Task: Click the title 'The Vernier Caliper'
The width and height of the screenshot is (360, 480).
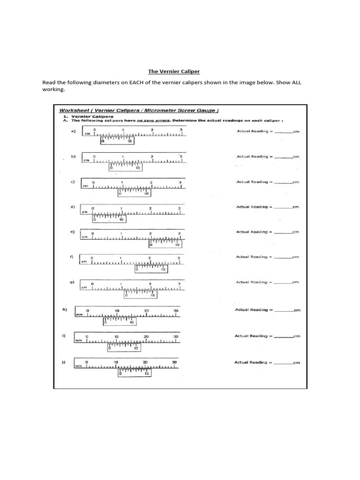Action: pyautogui.click(x=174, y=71)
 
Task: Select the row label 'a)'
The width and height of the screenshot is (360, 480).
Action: pyautogui.click(x=73, y=131)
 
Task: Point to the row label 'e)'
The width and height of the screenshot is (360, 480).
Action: pyautogui.click(x=73, y=232)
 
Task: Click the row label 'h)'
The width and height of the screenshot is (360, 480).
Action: pyautogui.click(x=65, y=309)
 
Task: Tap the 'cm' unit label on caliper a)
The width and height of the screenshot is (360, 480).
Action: pyautogui.click(x=87, y=134)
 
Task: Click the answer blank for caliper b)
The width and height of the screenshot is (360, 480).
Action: pyautogui.click(x=283, y=157)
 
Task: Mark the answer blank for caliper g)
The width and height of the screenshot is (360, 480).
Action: pyautogui.click(x=283, y=282)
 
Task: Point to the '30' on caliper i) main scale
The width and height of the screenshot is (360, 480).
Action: pyautogui.click(x=176, y=337)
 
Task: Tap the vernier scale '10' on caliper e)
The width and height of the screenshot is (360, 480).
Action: pyautogui.click(x=177, y=245)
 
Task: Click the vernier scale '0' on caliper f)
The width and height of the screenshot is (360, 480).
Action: pyautogui.click(x=137, y=270)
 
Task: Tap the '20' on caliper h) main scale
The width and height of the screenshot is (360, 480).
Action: pyautogui.click(x=146, y=311)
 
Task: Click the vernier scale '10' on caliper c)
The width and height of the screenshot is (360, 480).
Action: pyautogui.click(x=146, y=194)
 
